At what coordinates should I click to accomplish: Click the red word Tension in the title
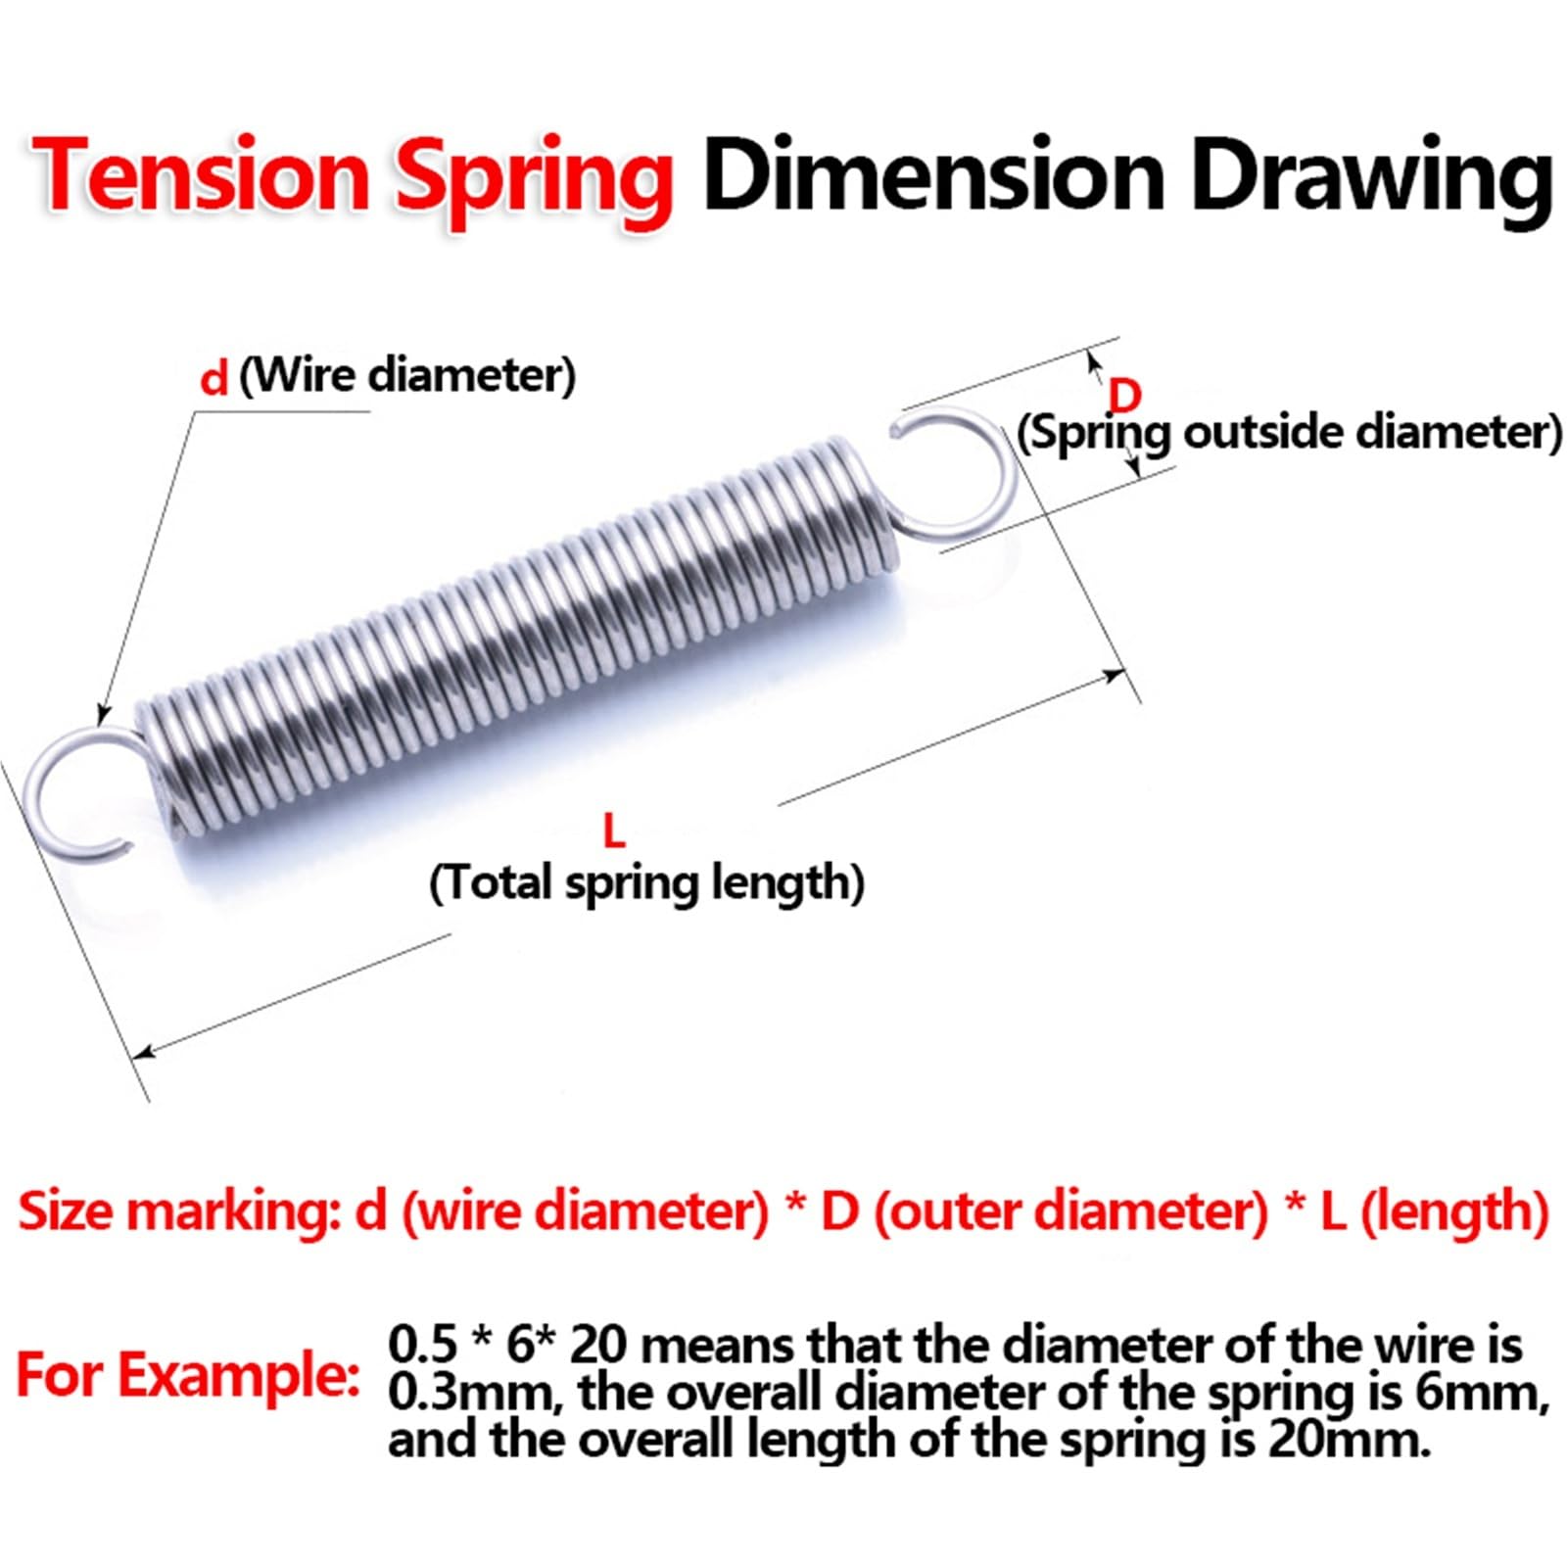click(x=201, y=174)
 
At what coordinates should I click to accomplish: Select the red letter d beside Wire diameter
click(x=213, y=378)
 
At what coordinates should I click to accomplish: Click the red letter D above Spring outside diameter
click(x=1124, y=396)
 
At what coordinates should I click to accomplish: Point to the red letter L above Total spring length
click(x=613, y=831)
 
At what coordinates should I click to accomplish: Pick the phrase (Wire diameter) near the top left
click(x=407, y=375)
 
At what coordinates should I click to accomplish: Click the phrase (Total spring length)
click(x=646, y=882)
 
